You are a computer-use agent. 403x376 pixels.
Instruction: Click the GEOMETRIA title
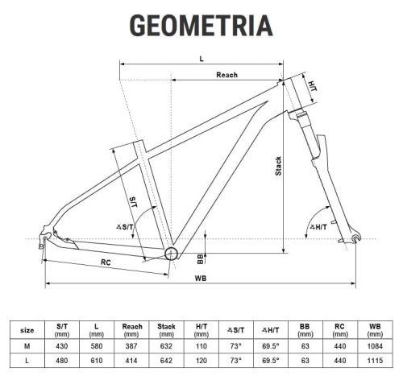coord(201,25)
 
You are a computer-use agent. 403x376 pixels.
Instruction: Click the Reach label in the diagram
coord(226,75)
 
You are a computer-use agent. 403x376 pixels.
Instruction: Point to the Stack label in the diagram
coord(278,167)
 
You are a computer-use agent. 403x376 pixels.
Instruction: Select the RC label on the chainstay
coord(106,262)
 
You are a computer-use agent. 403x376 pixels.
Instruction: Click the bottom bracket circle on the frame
coord(172,254)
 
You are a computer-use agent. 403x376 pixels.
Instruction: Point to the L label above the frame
coord(201,59)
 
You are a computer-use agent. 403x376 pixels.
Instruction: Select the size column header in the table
coord(27,329)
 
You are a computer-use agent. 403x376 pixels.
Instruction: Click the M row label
coord(27,345)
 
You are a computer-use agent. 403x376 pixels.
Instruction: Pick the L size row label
coord(27,360)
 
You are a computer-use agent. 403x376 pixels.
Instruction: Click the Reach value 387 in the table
coord(132,345)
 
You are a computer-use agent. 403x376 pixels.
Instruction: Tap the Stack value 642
coord(167,360)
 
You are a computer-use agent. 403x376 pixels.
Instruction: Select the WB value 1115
coord(375,360)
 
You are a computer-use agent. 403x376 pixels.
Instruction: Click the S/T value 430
coord(62,345)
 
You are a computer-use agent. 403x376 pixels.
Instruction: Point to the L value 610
coord(97,360)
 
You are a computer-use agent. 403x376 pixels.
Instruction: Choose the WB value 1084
coord(375,345)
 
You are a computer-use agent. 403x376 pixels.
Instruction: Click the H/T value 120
coord(201,360)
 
